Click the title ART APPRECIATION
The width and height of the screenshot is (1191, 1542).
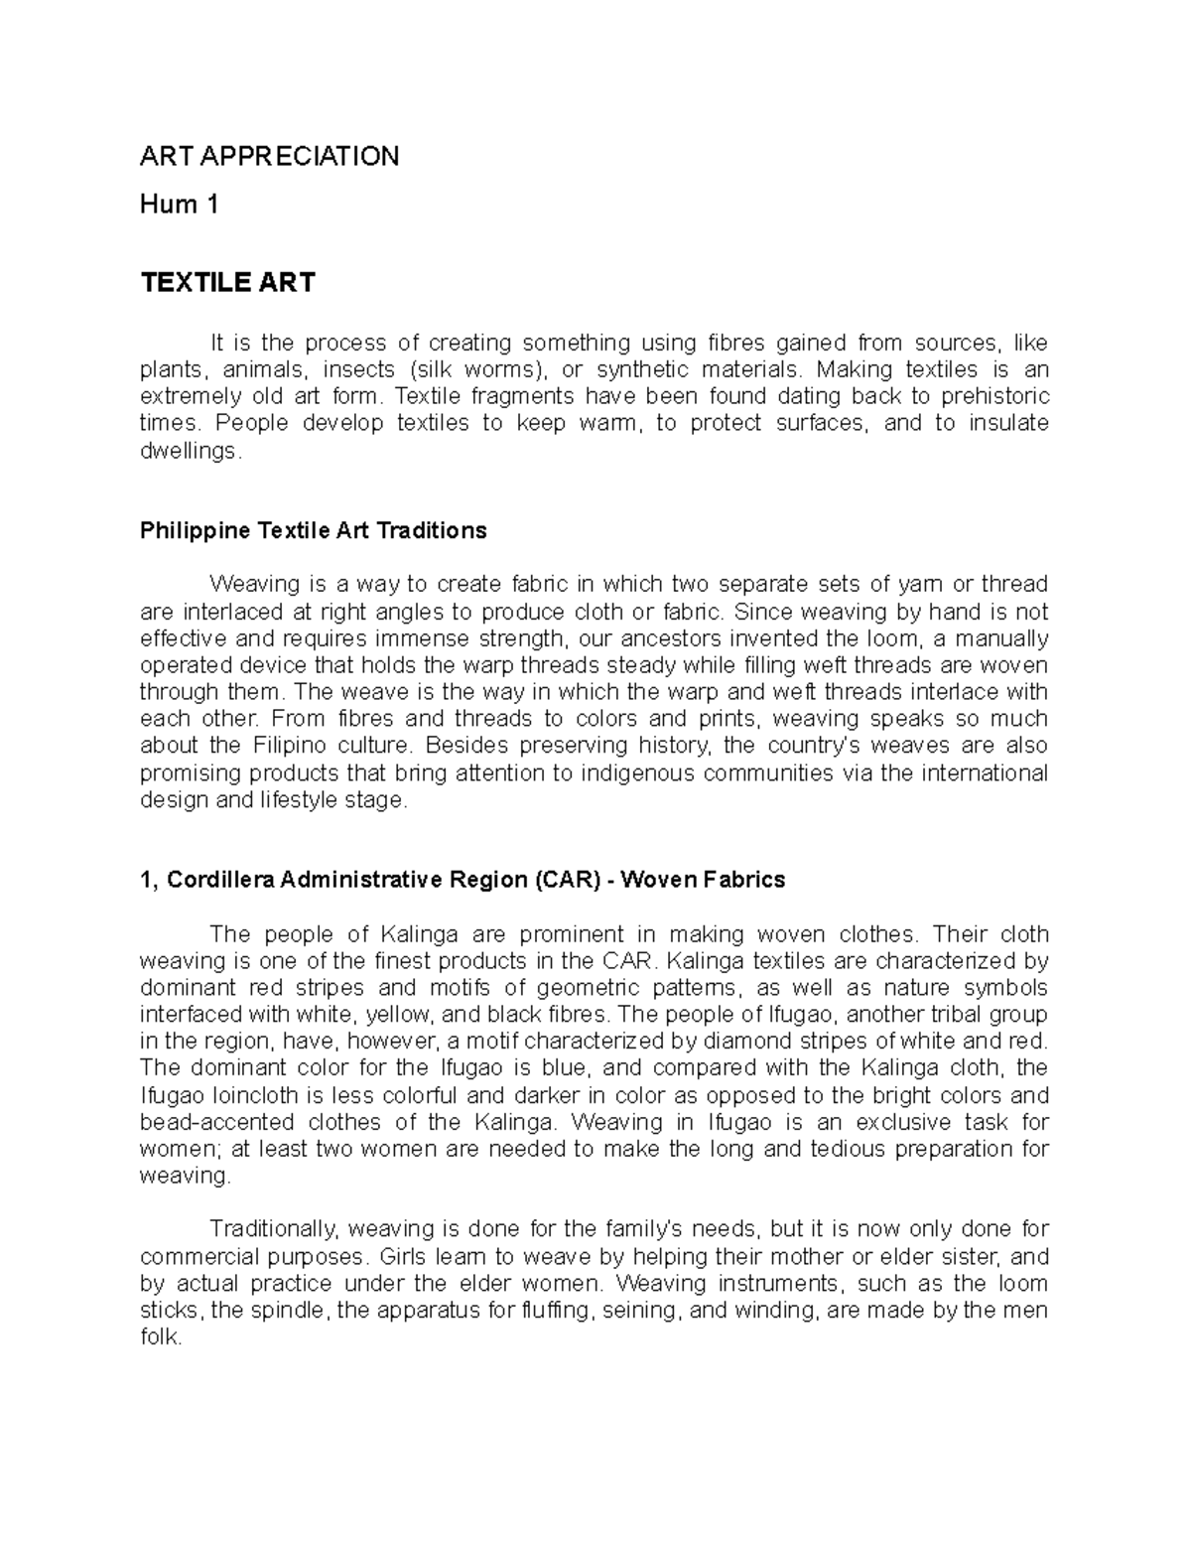pos(269,156)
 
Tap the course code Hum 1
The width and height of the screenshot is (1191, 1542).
pos(179,206)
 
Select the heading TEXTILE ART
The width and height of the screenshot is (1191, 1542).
pos(227,283)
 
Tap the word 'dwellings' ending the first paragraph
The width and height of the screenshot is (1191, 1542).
pos(188,451)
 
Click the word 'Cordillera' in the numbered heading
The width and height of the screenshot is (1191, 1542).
pos(220,880)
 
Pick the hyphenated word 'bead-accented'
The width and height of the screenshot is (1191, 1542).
pos(217,1123)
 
